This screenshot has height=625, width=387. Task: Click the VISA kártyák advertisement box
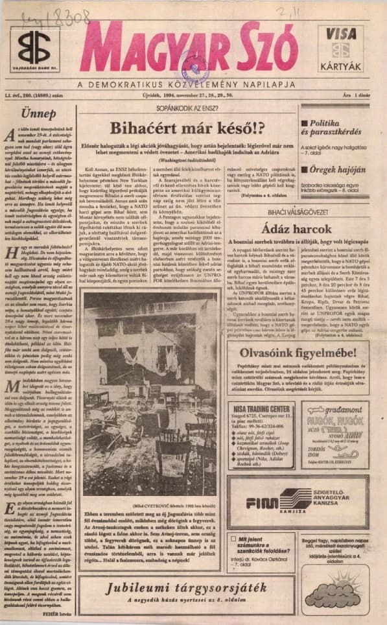click(340, 48)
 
